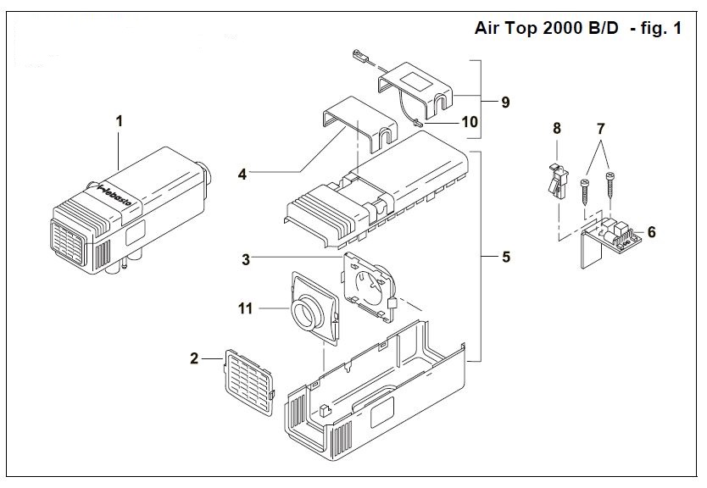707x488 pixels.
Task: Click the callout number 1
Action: [120, 122]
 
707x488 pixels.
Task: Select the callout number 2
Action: [194, 359]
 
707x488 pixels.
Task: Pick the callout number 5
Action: [505, 256]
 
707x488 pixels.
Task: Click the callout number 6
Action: [650, 230]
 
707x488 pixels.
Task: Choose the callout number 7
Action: [601, 129]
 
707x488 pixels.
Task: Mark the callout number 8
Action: [557, 129]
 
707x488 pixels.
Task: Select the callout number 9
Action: [504, 103]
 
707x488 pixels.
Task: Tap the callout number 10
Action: [469, 122]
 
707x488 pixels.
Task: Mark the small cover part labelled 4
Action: [357, 125]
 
